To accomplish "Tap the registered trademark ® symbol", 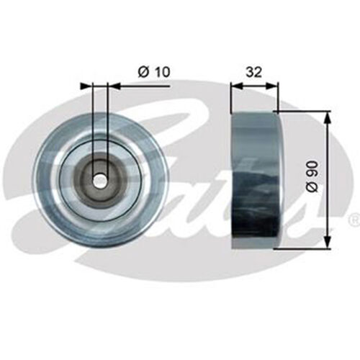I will pyautogui.click(x=352, y=217).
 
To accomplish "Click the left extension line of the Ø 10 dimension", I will pyautogui.click(x=94, y=122).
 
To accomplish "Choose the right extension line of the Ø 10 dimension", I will pyautogui.click(x=107, y=122).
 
